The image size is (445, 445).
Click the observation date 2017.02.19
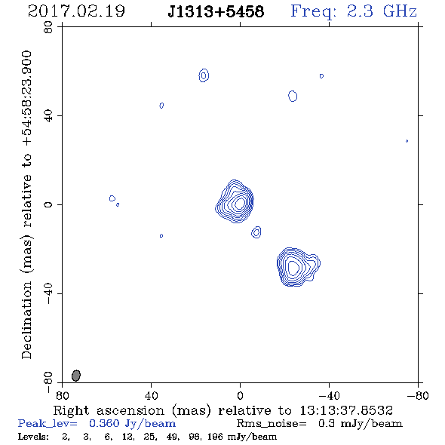pos(76,11)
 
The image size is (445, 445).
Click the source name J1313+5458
pos(216,11)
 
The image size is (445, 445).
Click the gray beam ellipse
pos(76,376)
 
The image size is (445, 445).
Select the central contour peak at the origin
pos(240,203)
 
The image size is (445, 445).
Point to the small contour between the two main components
pos(256,232)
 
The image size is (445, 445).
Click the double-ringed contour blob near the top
pos(204,75)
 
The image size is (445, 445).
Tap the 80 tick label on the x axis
pos(62,395)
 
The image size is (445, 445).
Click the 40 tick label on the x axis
pos(151,395)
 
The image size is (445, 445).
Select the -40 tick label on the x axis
pos(329,395)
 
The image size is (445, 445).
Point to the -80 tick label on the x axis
pos(418,395)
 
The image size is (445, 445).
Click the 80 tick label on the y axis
pos(48,27)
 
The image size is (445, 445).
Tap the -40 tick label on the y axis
pos(48,293)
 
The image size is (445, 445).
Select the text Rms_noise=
pos(272,424)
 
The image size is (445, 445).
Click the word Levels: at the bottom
pos(33,437)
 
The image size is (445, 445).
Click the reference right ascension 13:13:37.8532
pos(346,410)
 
